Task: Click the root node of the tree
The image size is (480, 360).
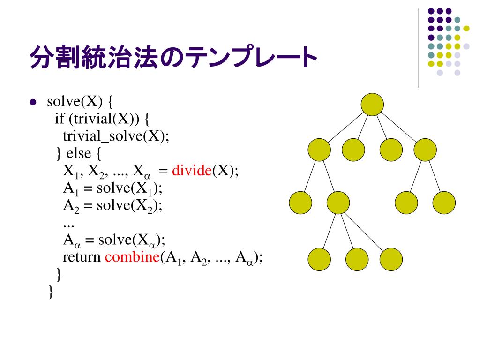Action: coord(373,105)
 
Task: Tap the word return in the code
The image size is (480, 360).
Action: coord(82,257)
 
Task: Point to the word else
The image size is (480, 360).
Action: coord(80,153)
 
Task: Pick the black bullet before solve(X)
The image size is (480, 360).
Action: coord(33,102)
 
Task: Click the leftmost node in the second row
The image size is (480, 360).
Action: coord(319,150)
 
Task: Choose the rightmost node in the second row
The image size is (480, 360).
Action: coord(425,150)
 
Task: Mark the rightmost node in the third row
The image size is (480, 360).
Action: coord(444,202)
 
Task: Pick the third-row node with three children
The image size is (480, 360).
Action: coord(338,202)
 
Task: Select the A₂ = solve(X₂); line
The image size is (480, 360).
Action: coord(113,205)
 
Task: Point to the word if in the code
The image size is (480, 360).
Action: coord(59,119)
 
